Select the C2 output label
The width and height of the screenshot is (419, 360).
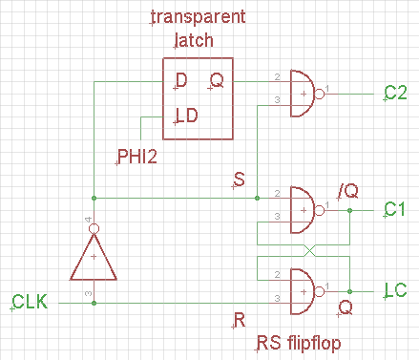[396, 93]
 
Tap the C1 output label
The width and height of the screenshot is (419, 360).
[396, 208]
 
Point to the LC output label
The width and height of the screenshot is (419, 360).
[396, 289]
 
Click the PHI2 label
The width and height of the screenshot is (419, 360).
[137, 157]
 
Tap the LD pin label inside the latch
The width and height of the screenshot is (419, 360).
[187, 117]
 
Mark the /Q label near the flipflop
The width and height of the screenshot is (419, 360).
[347, 190]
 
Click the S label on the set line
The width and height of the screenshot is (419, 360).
[239, 179]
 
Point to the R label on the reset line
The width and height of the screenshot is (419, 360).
[239, 318]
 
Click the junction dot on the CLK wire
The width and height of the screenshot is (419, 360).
[94, 303]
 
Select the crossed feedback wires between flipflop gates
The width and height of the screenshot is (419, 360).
[306, 250]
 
